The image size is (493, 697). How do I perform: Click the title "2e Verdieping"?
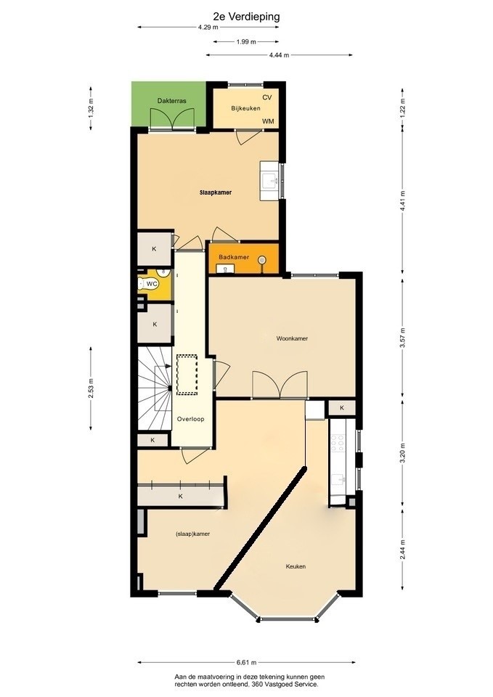click(246, 17)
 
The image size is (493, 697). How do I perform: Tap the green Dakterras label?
click(171, 101)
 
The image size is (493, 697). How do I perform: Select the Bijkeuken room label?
click(245, 108)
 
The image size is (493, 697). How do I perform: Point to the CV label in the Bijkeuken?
click(266, 97)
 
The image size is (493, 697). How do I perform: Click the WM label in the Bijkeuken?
click(268, 121)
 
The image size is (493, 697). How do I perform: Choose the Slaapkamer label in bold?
click(216, 193)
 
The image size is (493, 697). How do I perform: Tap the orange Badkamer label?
click(234, 257)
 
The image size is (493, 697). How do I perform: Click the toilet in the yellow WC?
click(142, 283)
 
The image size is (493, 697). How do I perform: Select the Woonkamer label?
click(292, 338)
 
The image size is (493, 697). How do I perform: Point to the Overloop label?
click(191, 419)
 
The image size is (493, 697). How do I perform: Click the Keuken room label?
click(296, 566)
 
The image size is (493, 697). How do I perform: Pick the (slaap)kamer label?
click(192, 534)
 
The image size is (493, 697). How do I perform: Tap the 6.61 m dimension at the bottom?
click(246, 662)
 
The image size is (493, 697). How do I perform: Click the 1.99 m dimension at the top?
click(246, 42)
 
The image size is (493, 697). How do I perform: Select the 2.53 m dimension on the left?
click(91, 388)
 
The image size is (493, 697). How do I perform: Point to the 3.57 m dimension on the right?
click(403, 338)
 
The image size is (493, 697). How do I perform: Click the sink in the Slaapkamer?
click(269, 181)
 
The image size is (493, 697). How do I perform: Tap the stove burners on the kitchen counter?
click(338, 443)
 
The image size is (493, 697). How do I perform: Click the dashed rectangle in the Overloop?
click(187, 375)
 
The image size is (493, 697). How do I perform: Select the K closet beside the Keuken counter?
click(342, 407)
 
